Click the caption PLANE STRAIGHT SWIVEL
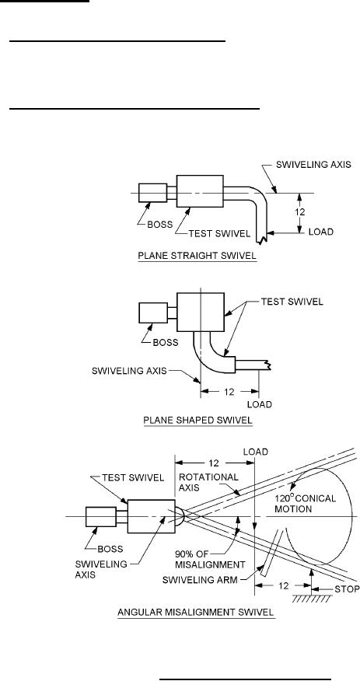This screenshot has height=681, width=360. click(197, 257)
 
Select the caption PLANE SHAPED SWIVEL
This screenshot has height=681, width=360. click(197, 421)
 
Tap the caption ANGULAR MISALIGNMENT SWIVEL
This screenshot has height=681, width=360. click(196, 613)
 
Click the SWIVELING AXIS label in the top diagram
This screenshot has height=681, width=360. click(313, 165)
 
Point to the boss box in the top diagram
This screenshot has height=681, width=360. click(153, 193)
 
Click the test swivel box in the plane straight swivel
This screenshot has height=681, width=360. click(200, 191)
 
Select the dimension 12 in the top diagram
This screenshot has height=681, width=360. click(299, 212)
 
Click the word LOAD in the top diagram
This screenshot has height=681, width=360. click(321, 232)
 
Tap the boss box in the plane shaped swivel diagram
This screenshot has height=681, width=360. click(153, 313)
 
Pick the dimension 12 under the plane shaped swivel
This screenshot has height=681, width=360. click(229, 391)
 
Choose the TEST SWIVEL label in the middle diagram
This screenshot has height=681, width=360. click(292, 302)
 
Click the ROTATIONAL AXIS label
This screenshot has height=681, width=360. click(209, 482)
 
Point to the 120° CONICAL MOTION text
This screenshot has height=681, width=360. click(305, 504)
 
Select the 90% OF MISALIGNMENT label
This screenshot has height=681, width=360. click(210, 560)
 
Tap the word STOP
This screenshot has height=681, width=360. click(347, 589)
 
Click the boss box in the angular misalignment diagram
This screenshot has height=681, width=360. click(101, 517)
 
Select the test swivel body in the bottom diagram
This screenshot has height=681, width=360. click(151, 516)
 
